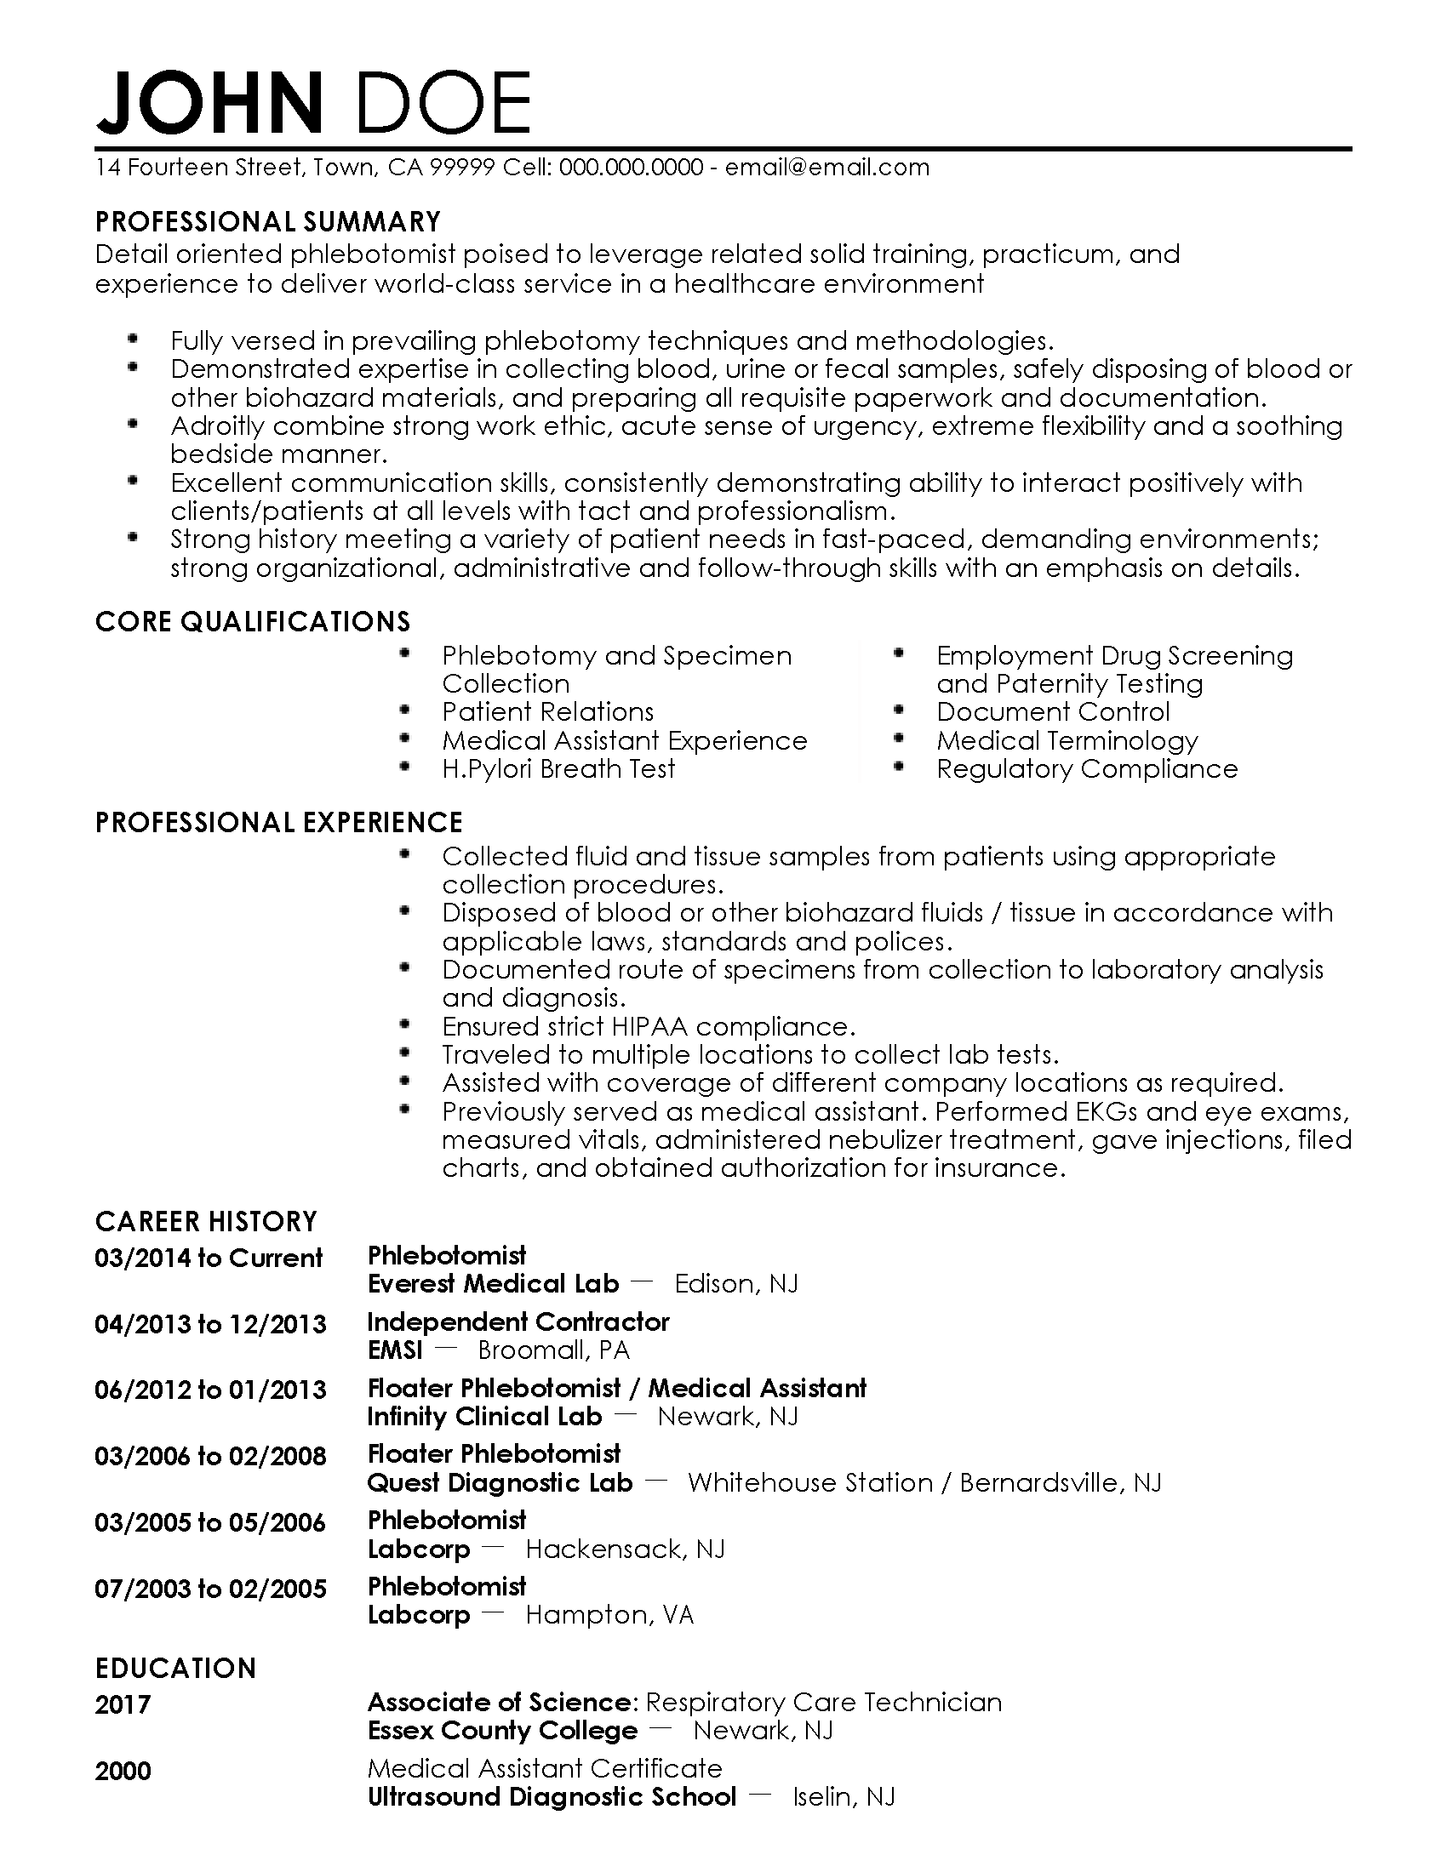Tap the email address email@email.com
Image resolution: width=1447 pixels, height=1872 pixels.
pyautogui.click(x=826, y=167)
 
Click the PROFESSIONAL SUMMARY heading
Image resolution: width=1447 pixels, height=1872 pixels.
pyautogui.click(x=267, y=222)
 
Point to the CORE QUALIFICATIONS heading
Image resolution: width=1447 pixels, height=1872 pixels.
pyautogui.click(x=253, y=621)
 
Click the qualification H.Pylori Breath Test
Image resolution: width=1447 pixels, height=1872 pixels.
pyautogui.click(x=558, y=769)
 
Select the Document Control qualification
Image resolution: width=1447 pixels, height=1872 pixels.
pyautogui.click(x=1052, y=712)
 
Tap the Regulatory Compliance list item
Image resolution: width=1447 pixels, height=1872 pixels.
pyautogui.click(x=1086, y=769)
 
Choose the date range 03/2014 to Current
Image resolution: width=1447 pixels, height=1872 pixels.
pyautogui.click(x=209, y=1258)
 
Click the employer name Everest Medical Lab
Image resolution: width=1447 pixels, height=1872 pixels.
pyautogui.click(x=493, y=1283)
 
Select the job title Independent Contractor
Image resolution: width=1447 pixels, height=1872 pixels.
pyautogui.click(x=518, y=1321)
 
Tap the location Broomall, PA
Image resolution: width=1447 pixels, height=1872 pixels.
pyautogui.click(x=554, y=1350)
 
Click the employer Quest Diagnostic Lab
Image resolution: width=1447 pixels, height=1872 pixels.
pyautogui.click(x=500, y=1483)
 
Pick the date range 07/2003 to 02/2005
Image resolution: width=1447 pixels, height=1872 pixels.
pyautogui.click(x=210, y=1589)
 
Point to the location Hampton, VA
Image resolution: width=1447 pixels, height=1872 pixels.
pyautogui.click(x=609, y=1615)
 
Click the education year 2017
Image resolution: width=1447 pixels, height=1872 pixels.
pyautogui.click(x=123, y=1704)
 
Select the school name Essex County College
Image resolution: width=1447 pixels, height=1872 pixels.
pyautogui.click(x=502, y=1731)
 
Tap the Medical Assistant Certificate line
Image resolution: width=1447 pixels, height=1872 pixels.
pyautogui.click(x=545, y=1767)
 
